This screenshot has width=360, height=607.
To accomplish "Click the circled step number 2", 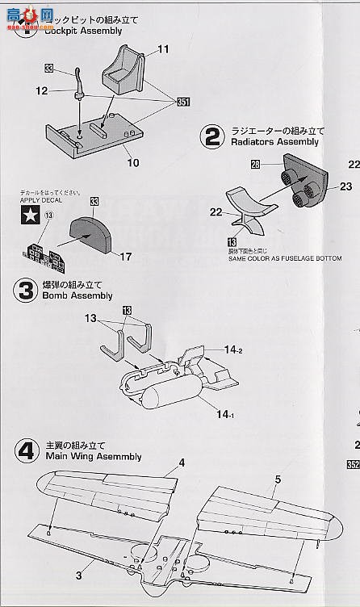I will pyautogui.click(x=211, y=136).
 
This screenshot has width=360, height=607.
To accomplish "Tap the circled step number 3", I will pyautogui.click(x=27, y=290).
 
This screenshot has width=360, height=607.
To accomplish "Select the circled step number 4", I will pyautogui.click(x=27, y=450).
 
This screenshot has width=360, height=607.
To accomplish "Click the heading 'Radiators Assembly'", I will pyautogui.click(x=274, y=142).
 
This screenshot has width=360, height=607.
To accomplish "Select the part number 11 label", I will pyautogui.click(x=163, y=50).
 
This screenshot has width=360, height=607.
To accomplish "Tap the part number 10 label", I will pyautogui.click(x=132, y=161).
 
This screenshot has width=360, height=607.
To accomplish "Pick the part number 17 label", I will pyautogui.click(x=126, y=257).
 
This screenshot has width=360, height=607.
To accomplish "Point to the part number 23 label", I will pyautogui.click(x=345, y=186).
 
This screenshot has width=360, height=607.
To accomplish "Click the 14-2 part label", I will pyautogui.click(x=233, y=351).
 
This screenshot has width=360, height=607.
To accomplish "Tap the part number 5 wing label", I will pyautogui.click(x=276, y=479).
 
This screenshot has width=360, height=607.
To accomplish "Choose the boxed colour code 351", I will pyautogui.click(x=184, y=102).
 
